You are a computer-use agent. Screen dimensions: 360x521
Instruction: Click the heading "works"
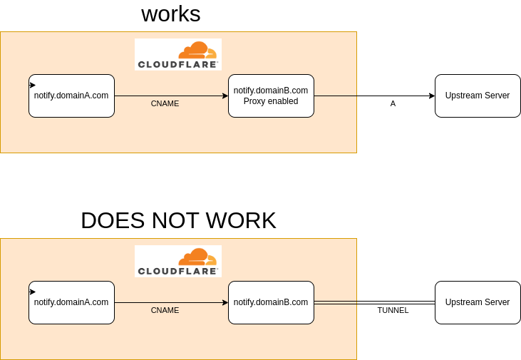(171, 14)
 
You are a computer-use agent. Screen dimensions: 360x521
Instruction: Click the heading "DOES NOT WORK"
(178, 220)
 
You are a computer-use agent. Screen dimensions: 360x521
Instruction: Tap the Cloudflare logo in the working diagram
(178, 54)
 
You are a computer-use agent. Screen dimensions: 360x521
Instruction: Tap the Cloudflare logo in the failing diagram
(178, 261)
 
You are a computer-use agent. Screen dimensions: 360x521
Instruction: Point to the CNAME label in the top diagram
(165, 103)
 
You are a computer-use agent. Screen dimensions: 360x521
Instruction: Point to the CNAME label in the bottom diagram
(165, 310)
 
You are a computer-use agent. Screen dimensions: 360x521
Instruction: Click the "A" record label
(393, 103)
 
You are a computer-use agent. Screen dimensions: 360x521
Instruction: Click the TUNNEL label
(393, 310)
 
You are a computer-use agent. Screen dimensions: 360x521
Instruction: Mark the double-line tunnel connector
(374, 303)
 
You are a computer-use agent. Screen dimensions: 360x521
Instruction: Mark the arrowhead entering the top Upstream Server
(432, 96)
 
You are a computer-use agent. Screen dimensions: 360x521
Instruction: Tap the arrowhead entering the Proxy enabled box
(225, 96)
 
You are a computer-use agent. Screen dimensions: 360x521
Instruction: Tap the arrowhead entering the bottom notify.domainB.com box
(225, 302)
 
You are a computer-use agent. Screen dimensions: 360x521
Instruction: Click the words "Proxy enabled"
(271, 101)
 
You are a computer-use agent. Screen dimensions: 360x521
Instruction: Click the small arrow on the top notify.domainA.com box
(32, 85)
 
